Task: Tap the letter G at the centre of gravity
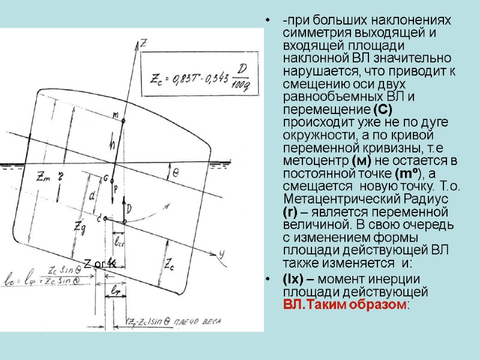tap(106, 178)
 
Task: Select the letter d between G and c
tap(92, 196)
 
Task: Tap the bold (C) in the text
tap(382, 110)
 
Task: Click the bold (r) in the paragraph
tap(289, 211)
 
